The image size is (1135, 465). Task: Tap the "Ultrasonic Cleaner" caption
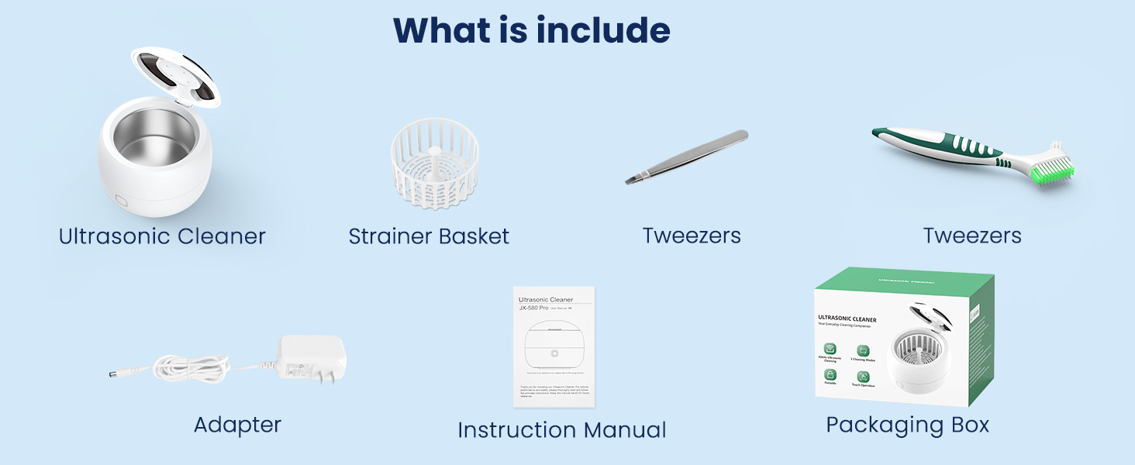(162, 236)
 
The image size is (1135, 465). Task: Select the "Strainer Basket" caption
(429, 236)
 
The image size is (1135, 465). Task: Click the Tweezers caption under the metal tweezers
(692, 236)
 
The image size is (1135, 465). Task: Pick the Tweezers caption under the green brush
(972, 236)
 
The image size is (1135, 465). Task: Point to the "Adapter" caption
(237, 425)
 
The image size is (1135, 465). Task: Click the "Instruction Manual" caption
(562, 430)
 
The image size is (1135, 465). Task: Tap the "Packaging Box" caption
(907, 425)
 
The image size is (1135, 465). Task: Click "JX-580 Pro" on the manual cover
(533, 308)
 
